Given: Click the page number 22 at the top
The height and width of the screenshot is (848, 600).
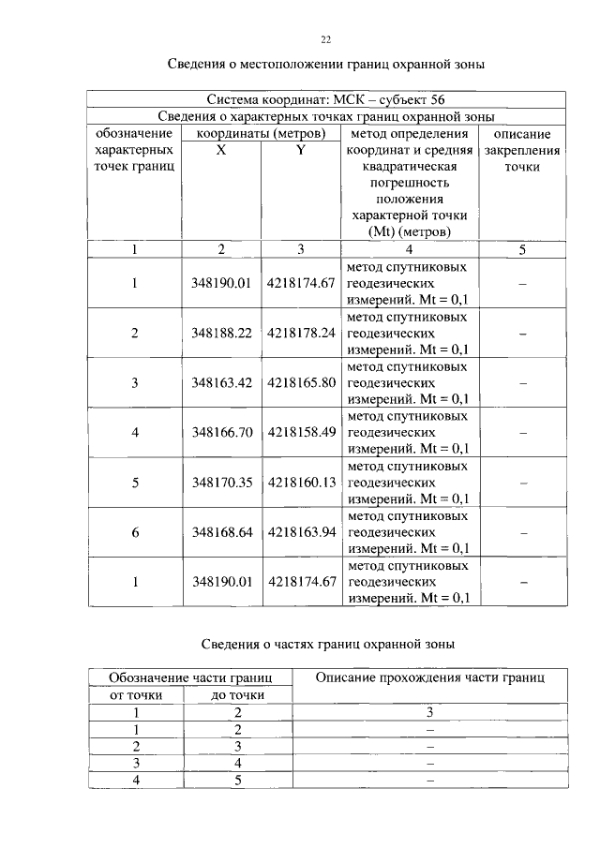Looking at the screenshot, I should [326, 38].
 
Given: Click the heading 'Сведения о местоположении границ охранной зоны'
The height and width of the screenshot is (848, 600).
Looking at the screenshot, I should [326, 65].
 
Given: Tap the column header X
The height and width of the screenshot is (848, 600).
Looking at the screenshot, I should [220, 150].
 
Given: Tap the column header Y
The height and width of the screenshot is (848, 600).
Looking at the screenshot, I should [300, 150].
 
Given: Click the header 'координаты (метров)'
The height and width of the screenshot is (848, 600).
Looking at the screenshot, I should [260, 134].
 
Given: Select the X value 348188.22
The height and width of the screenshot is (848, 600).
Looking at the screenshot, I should [220, 333].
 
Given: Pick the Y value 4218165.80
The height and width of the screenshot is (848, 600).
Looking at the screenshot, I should [301, 382].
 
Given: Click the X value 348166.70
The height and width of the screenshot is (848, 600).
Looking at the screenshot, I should [220, 432].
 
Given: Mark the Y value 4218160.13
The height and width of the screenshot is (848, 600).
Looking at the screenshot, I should [301, 483].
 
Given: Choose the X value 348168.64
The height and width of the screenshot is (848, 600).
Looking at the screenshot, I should [220, 532].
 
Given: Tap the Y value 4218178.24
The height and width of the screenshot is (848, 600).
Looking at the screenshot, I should [301, 333].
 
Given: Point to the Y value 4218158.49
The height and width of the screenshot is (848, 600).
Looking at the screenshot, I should [301, 432].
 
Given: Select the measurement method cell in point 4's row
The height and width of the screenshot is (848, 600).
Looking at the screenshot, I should [408, 432].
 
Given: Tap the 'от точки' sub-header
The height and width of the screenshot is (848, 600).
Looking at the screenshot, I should [137, 694].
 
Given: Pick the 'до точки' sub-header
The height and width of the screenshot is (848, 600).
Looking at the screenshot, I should [238, 694].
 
